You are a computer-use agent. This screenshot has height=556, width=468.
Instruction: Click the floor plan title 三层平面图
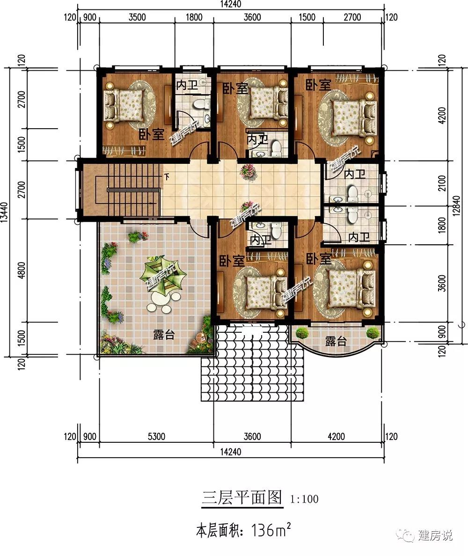242,497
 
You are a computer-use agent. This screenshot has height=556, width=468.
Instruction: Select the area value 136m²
271,530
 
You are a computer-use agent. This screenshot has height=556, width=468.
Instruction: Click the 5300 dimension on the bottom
156,436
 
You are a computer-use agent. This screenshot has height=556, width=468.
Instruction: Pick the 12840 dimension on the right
456,205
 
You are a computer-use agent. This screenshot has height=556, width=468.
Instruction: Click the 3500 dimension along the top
137,17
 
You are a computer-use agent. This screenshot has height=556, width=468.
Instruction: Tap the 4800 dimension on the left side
21,270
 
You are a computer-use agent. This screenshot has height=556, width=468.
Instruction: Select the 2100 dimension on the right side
442,183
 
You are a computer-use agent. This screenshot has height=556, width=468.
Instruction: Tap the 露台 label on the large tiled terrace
164,334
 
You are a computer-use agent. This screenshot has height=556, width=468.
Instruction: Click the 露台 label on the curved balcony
336,341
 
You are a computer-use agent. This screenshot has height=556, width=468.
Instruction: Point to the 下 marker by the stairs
167,176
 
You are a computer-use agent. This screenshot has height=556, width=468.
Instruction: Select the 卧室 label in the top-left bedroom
151,134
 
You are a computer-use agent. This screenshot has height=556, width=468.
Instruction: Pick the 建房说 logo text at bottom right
435,535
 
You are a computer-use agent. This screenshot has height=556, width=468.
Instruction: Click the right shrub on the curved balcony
373,333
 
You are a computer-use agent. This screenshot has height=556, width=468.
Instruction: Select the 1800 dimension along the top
194,17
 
